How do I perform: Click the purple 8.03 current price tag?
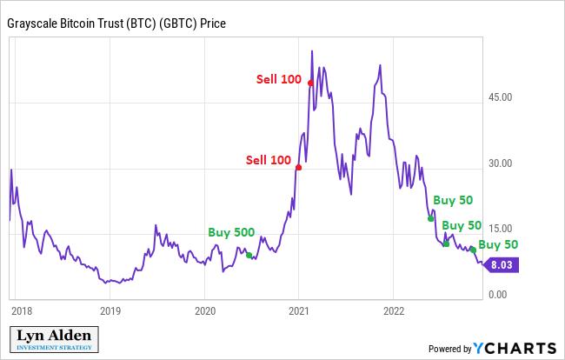(502, 266)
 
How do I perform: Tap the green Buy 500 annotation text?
(231, 233)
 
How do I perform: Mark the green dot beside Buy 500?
(249, 255)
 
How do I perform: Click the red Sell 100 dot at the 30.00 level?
(298, 167)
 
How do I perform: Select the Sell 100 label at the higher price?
(278, 79)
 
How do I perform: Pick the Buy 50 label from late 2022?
(498, 244)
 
